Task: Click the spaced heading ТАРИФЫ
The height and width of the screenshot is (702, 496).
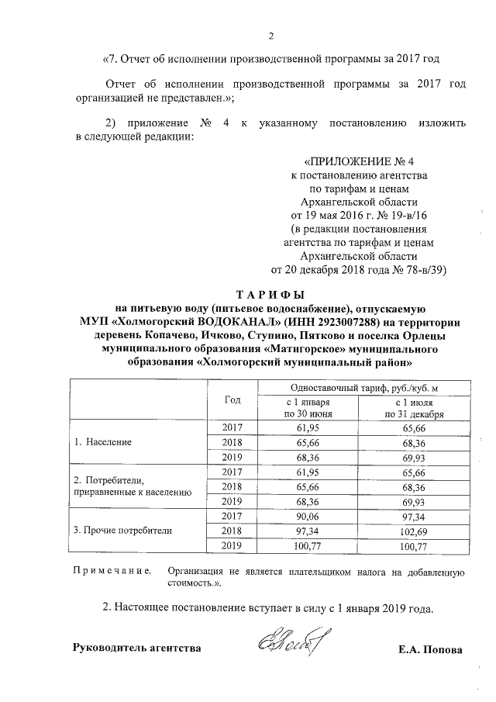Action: pos(270,294)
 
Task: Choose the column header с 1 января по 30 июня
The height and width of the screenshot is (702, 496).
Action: pos(308,409)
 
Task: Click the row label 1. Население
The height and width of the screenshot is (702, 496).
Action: pos(103,442)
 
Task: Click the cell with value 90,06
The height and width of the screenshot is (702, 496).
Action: pos(308,516)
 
